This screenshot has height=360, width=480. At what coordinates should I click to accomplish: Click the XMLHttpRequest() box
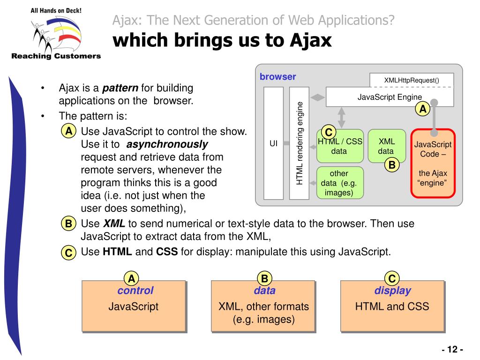412,80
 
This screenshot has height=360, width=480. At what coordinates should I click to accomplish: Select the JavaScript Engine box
390,97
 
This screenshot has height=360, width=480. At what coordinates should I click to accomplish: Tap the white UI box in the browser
274,143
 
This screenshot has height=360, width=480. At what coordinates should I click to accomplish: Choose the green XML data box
386,146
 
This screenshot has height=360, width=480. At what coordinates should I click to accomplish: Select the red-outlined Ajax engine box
433,164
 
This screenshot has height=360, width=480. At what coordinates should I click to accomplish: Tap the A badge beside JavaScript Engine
423,109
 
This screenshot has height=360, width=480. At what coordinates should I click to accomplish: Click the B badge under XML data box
392,165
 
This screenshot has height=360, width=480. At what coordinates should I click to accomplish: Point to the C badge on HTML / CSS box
329,133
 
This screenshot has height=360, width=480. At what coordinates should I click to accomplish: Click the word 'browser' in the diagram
278,77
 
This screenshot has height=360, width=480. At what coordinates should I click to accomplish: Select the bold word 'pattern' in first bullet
120,88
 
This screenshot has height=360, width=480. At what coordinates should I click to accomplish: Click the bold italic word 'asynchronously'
167,144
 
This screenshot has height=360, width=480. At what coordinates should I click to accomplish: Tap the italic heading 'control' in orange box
135,291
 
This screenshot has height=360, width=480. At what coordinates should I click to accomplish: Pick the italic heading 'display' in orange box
392,291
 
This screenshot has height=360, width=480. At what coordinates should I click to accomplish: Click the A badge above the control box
132,279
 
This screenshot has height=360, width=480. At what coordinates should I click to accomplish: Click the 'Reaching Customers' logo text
56,56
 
